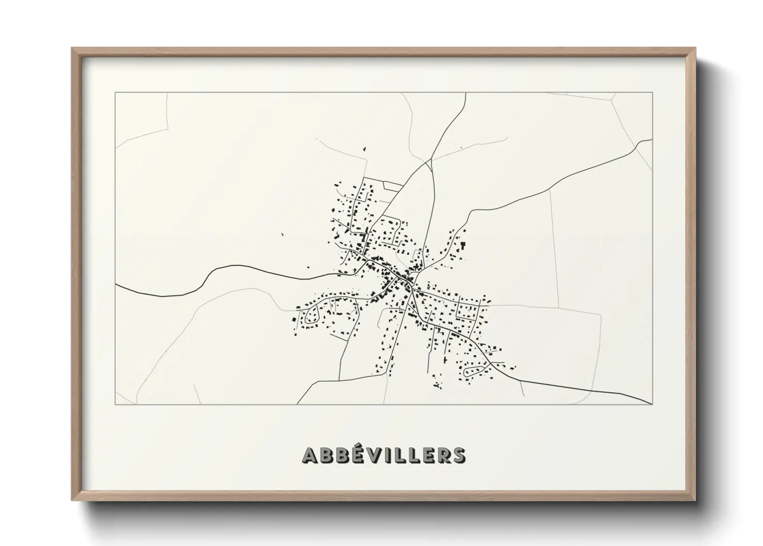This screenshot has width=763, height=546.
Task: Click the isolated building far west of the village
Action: coord(283,235)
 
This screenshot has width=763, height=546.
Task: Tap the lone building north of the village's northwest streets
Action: coord(364,149)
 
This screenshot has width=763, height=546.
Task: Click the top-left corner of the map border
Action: coord(115,93)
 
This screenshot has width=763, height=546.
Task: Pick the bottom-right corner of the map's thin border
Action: coord(653,404)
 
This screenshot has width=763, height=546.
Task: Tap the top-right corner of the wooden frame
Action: coord(695,48)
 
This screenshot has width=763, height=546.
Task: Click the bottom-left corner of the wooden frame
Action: coord(72,500)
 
